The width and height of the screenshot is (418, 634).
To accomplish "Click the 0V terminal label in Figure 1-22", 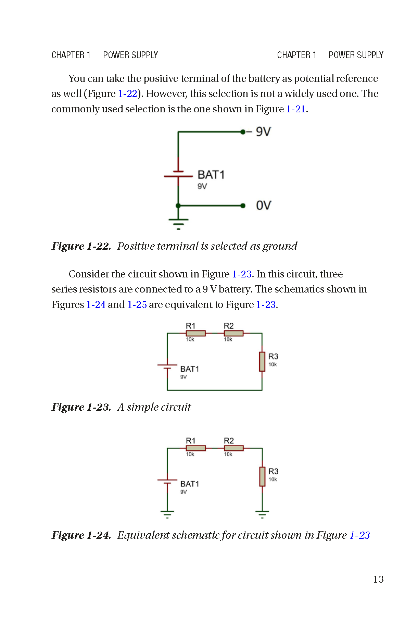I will (263, 206).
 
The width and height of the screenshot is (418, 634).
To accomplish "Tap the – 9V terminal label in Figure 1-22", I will (259, 132).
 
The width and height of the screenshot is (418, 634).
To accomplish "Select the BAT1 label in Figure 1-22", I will (211, 175).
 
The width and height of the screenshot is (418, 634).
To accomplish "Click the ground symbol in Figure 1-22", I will (178, 223).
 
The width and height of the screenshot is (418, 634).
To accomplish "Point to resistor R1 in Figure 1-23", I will (195, 333).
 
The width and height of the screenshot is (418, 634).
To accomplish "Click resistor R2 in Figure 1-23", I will (233, 333).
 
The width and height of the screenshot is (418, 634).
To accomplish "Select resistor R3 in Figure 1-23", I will (262, 362).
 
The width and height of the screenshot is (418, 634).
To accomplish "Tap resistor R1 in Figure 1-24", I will (195, 448).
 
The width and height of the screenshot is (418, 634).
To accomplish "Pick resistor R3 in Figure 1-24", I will (262, 476).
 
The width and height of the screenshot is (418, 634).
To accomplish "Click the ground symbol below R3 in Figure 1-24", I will (262, 514).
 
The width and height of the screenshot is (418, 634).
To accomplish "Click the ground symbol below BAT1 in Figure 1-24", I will (167, 514).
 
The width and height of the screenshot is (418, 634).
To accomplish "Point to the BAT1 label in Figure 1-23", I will (189, 369).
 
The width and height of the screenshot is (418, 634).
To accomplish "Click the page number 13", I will (378, 579).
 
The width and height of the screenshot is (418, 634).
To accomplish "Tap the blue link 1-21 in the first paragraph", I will (296, 109).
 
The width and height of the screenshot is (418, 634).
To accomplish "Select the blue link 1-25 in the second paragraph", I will (137, 304).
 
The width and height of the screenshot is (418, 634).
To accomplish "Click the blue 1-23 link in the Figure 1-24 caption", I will (359, 535).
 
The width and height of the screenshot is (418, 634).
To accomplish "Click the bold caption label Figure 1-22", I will (81, 246).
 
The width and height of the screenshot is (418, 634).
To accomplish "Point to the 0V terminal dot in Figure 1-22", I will (243, 206).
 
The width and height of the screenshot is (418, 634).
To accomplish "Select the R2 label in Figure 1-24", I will (229, 441).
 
